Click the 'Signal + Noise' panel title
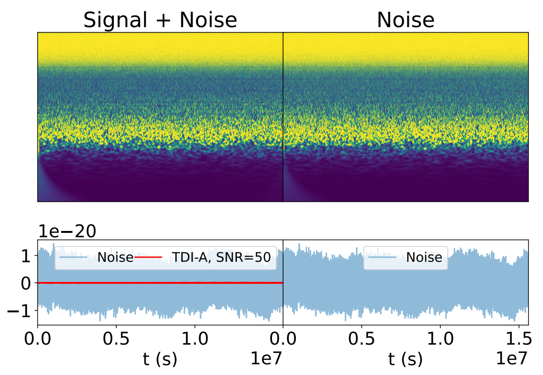[160, 20]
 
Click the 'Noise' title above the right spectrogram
[406, 20]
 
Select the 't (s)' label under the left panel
[160, 359]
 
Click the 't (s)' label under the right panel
[406, 359]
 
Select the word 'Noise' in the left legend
[115, 257]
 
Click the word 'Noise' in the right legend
[424, 257]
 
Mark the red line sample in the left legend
[148, 257]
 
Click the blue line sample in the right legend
[383, 257]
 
